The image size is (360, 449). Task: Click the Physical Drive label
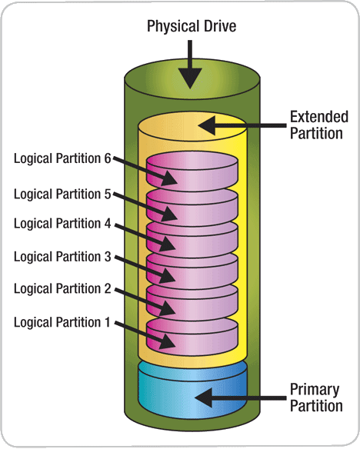[192, 26]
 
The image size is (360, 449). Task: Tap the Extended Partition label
[318, 125]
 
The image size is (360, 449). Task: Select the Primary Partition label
[316, 397]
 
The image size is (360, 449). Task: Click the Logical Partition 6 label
[62, 158]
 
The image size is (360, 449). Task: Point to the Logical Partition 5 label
[62, 194]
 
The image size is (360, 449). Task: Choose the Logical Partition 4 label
[62, 224]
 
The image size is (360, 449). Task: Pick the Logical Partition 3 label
[62, 257]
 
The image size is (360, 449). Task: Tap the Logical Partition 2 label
[62, 288]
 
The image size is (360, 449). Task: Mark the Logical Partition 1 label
[62, 322]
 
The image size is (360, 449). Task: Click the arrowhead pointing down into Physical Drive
[190, 78]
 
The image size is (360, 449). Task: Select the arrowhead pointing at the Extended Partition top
[207, 125]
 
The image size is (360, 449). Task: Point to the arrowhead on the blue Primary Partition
[204, 397]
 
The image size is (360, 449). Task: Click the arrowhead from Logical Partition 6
[168, 178]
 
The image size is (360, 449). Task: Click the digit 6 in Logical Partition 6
[108, 158]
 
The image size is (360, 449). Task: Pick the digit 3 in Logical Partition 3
[108, 257]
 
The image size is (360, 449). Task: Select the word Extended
[319, 117]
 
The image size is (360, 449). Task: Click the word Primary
[315, 390]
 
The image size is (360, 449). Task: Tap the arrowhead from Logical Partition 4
[167, 244]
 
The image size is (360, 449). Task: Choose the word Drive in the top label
[220, 26]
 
